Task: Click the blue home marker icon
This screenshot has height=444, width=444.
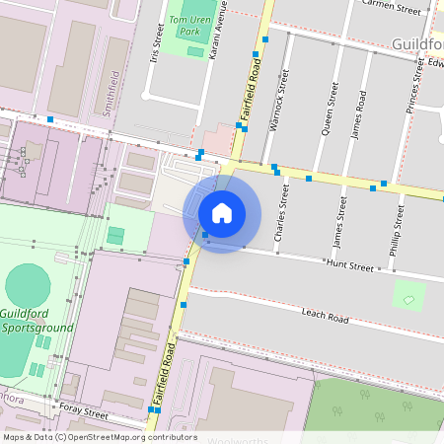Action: tap(222, 213)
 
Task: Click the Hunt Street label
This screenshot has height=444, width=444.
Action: tap(350, 266)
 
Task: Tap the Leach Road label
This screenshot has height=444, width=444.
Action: tap(326, 318)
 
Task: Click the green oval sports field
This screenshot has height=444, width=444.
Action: tap(28, 285)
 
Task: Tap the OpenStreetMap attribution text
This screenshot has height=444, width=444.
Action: tap(100, 437)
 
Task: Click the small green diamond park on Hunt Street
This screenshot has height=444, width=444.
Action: tap(407, 294)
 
